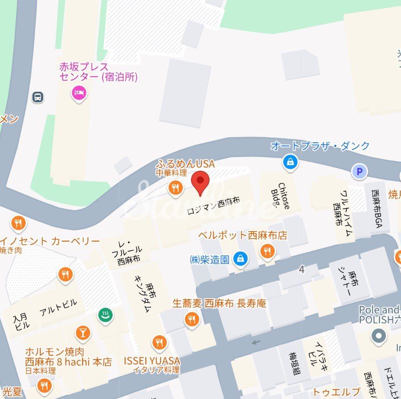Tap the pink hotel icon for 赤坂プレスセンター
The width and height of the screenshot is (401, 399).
coord(79,92)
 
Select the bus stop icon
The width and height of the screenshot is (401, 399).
coord(38,97)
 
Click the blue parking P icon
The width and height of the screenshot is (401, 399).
coord(360,172)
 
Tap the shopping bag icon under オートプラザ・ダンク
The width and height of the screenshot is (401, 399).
coord(290,163)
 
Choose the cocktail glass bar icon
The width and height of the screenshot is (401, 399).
coord(83,333)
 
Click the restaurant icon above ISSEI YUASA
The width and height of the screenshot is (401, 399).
coord(159,342)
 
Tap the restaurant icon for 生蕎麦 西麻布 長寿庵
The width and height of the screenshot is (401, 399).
coord(192,319)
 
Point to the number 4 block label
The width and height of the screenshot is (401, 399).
coord(302,270)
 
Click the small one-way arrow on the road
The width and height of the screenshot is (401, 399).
coord(256,341)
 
